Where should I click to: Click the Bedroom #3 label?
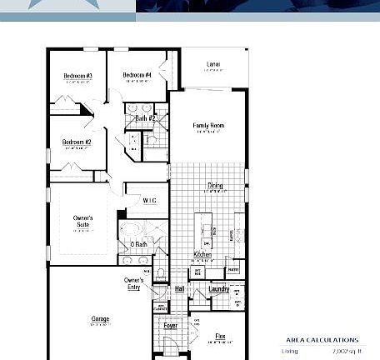click(77, 76)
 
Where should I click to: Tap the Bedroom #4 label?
click(137, 75)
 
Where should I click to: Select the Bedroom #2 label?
click(77, 142)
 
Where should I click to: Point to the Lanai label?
click(213, 64)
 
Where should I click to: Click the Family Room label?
click(208, 126)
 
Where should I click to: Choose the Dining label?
click(215, 186)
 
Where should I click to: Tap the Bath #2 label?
click(145, 119)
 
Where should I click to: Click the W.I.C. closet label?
click(150, 200)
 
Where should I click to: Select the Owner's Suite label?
click(82, 222)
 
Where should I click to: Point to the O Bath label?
click(138, 244)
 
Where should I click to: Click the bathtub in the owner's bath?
click(132, 231)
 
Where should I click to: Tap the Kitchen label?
click(202, 254)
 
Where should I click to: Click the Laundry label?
click(218, 288)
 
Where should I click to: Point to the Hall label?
click(179, 288)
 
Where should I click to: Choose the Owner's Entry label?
click(133, 283)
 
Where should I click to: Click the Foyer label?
click(170, 326)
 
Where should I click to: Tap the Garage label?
click(99, 319)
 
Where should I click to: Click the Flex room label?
click(220, 336)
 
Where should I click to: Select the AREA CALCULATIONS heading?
click(322, 340)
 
